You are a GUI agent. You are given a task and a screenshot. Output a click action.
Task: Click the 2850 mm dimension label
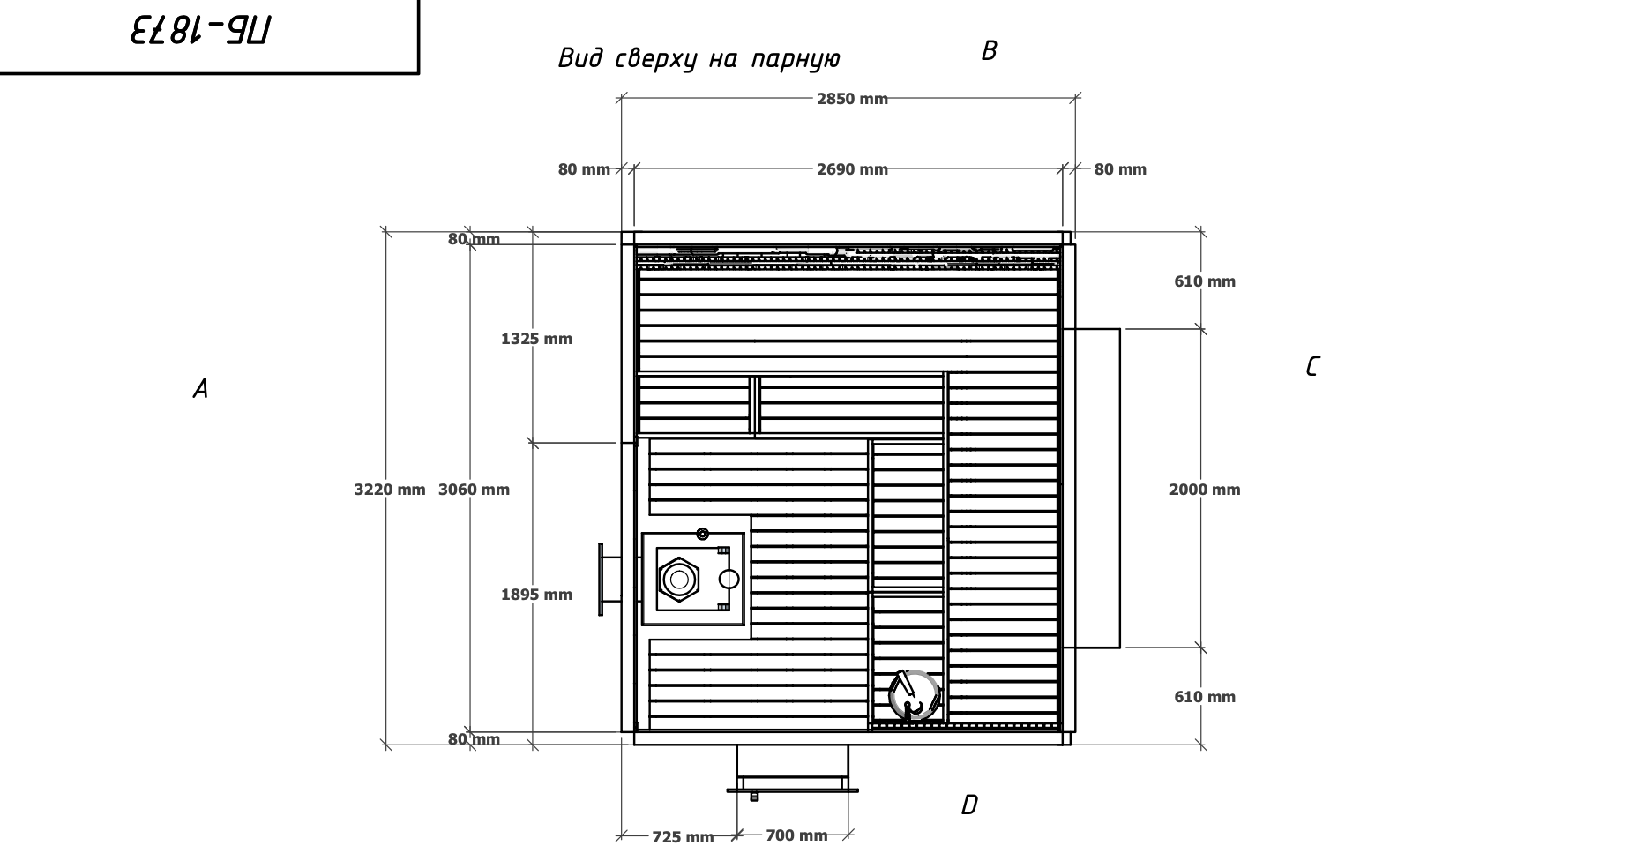click(x=851, y=99)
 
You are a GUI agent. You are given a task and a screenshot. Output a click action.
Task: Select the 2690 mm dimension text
click(x=851, y=169)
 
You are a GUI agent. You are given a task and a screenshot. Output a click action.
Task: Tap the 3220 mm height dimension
click(x=389, y=490)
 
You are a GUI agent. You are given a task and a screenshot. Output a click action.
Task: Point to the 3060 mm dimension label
click(x=474, y=490)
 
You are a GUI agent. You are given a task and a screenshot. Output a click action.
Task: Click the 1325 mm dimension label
click(x=536, y=339)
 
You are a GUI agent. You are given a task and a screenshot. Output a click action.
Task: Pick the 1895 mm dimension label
click(x=536, y=595)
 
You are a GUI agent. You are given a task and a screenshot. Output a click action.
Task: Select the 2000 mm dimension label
click(x=1204, y=490)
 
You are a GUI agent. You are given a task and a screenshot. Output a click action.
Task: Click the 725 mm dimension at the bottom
click(x=683, y=837)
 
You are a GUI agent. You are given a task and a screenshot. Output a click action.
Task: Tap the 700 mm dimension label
click(x=796, y=835)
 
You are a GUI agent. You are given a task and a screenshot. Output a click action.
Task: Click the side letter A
click(x=200, y=389)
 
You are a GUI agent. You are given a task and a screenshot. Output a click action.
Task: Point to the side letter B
click(x=989, y=51)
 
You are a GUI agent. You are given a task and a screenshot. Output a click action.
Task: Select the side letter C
click(x=1311, y=366)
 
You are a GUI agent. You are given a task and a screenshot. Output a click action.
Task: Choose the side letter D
click(x=968, y=805)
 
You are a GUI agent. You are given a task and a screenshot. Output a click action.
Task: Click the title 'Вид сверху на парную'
click(x=699, y=59)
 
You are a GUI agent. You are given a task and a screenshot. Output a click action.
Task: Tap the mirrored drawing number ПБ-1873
click(x=200, y=33)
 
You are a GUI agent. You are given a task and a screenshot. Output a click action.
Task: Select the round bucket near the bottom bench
click(x=914, y=695)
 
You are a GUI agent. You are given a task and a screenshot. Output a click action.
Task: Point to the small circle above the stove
click(x=702, y=534)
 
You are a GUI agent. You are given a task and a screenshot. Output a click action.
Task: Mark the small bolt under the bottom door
click(x=754, y=796)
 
